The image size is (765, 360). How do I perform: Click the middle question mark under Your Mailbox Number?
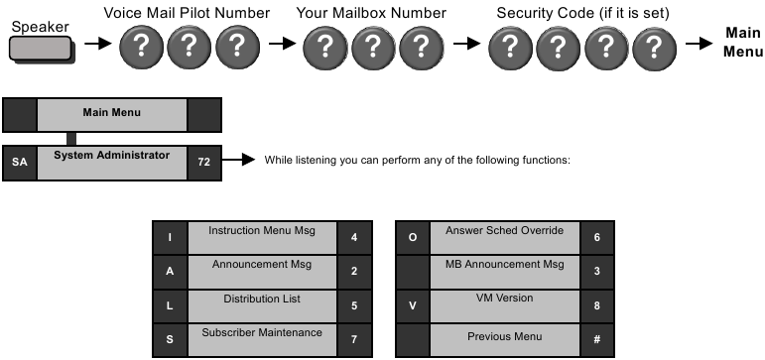click(374, 46)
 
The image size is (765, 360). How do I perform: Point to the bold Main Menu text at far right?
click(742, 42)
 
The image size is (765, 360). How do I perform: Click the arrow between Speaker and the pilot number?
click(97, 46)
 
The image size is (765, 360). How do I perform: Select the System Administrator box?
click(111, 162)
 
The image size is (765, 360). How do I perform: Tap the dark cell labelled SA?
click(19, 162)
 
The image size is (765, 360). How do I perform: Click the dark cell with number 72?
click(204, 162)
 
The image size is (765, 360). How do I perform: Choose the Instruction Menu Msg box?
click(262, 238)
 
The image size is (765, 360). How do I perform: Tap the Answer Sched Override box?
click(504, 238)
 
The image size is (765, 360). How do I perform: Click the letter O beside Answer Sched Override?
click(412, 238)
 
